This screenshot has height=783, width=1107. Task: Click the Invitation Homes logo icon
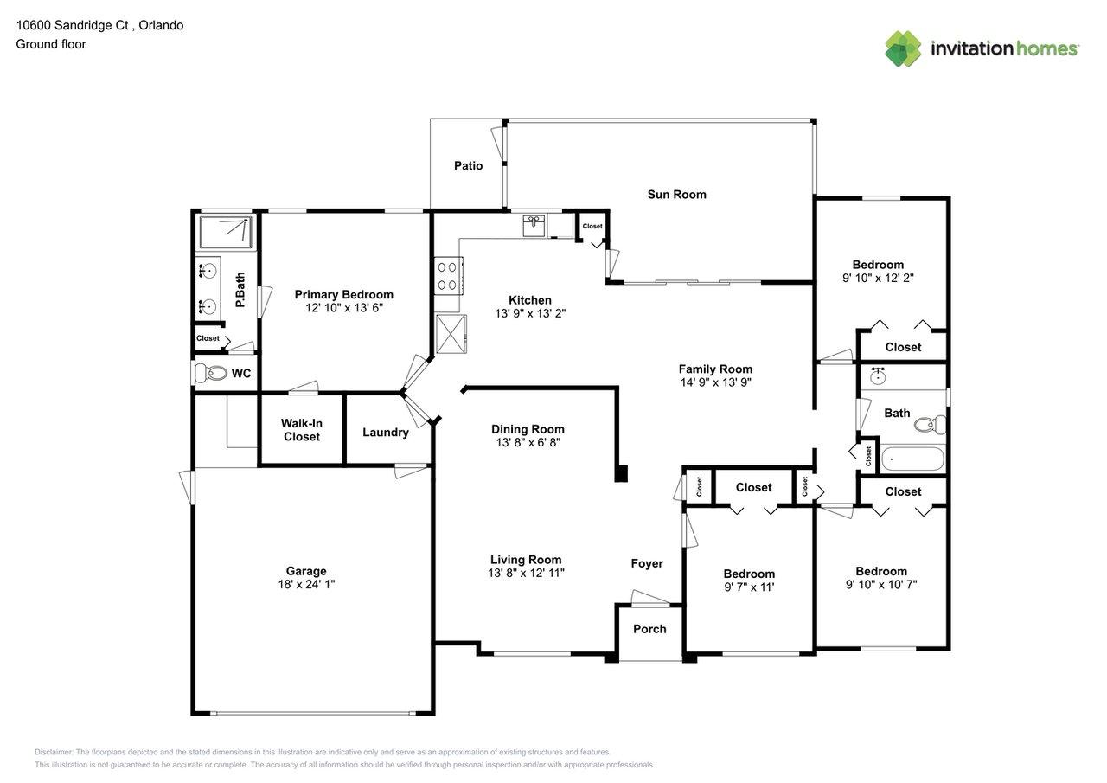pos(903,48)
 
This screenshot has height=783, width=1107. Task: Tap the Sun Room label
pos(676,195)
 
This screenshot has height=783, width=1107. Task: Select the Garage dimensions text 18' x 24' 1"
pos(306,584)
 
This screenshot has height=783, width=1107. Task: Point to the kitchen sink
pos(534,226)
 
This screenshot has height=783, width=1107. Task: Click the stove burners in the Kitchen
pos(447,276)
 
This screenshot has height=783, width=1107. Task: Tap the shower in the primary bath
pos(225,233)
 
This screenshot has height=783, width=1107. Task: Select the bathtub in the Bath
pos(912,459)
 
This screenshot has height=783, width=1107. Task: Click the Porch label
pos(649,629)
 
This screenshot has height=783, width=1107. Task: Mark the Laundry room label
pos(385,432)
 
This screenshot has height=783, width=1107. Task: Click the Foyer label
pos(646,563)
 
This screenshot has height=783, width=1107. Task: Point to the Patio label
pos(468,165)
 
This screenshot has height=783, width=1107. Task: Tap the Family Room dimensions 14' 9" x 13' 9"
pos(715,382)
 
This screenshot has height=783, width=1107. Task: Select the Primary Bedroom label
pos(343,294)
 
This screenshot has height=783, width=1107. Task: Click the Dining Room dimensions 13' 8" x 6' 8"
pos(528,442)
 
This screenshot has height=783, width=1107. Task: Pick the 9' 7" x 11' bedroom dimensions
pos(749,587)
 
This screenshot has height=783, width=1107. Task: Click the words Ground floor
pos(51,44)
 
